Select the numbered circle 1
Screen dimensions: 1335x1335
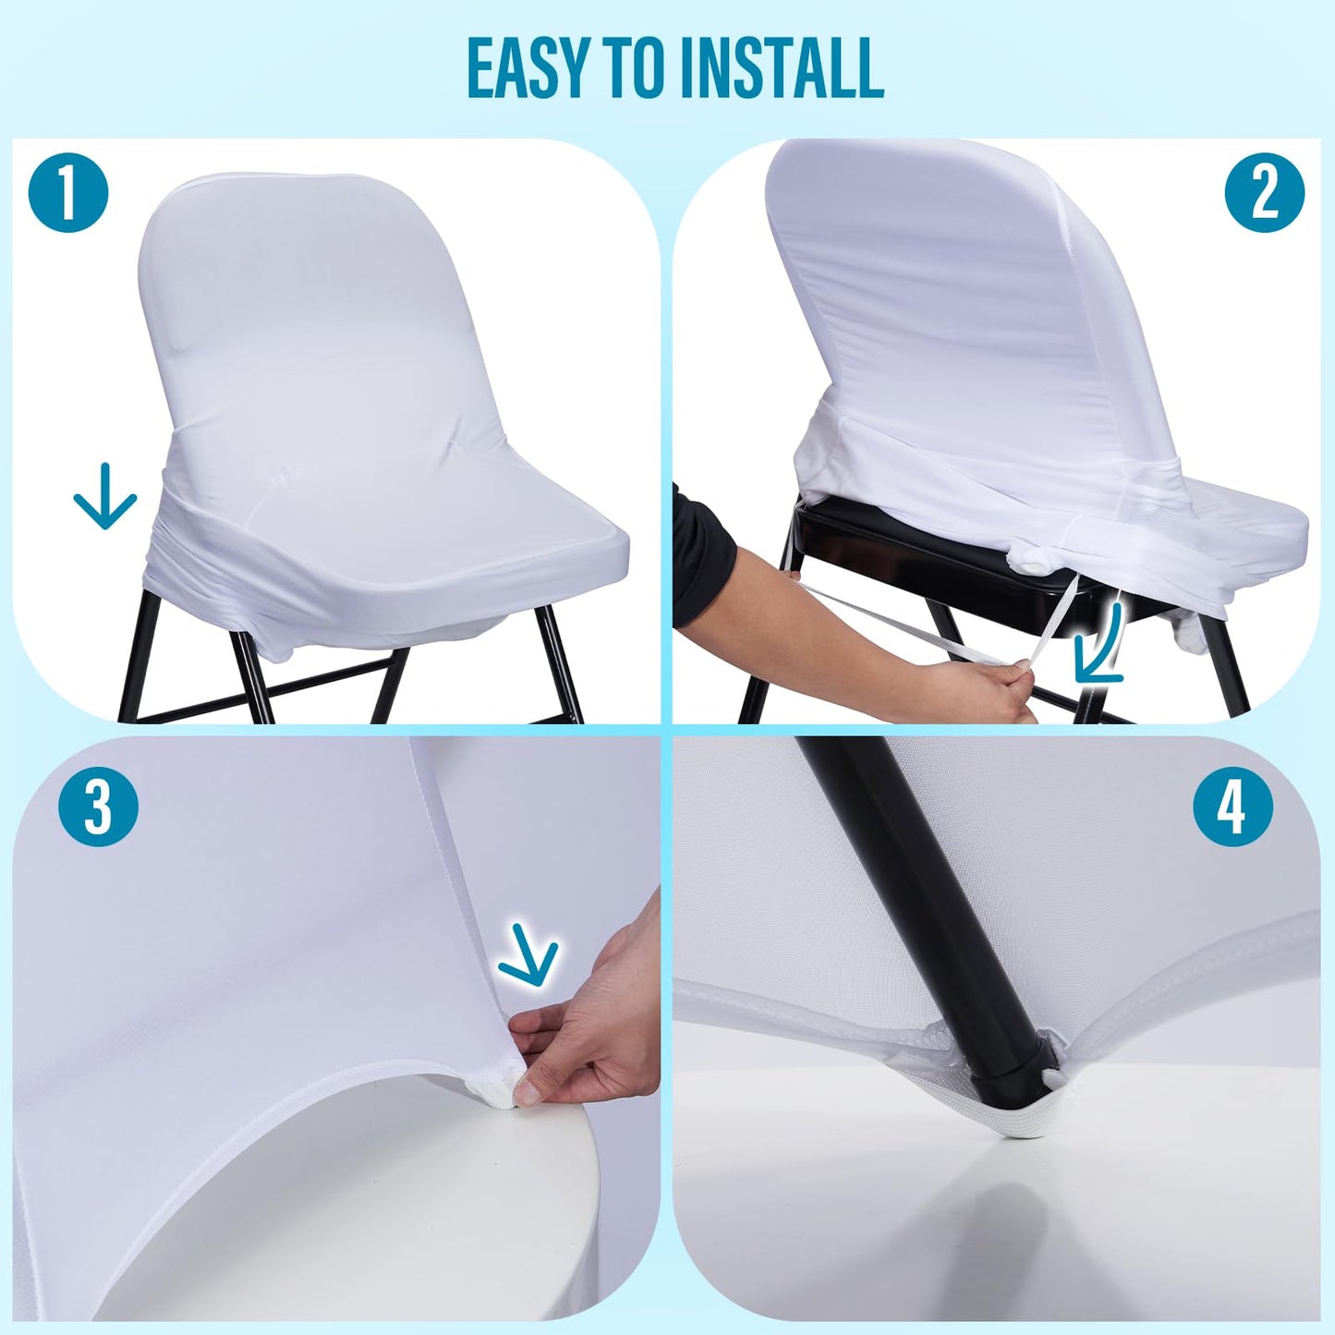point(68,193)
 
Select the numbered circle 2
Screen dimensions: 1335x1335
point(1264,193)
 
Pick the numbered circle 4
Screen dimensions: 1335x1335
point(1232,807)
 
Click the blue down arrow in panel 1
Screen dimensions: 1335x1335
point(104,497)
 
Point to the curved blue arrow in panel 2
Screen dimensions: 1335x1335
point(1102,647)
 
